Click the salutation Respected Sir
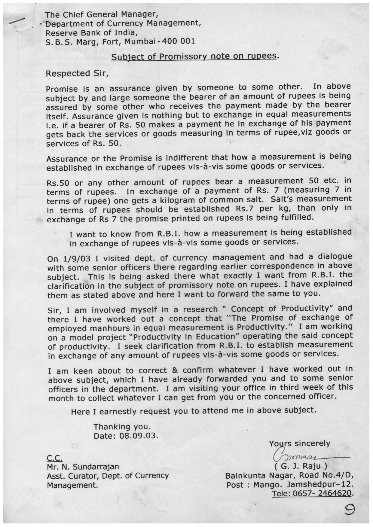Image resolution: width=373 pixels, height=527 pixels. point(77,73)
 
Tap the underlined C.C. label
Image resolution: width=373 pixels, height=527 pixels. point(55,458)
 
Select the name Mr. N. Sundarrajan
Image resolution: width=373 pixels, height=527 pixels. point(83,467)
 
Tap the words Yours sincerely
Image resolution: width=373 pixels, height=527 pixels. point(299,443)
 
